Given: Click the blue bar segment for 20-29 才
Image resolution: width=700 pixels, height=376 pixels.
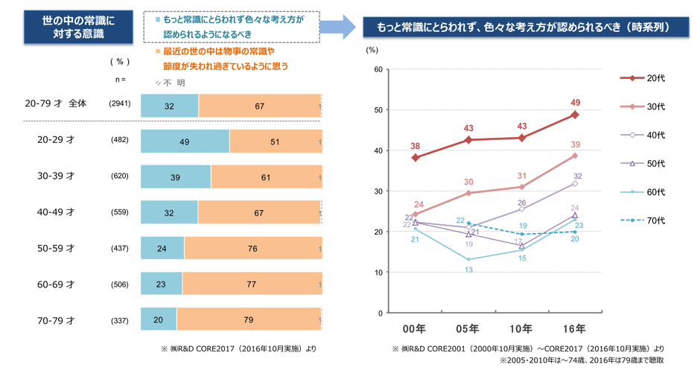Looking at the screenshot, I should (185, 141).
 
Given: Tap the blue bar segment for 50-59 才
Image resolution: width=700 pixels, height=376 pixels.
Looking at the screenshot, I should (162, 248).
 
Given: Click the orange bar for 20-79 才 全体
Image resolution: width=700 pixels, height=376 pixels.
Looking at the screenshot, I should (259, 106).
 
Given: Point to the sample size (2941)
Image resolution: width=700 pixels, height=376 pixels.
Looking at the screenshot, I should (119, 104).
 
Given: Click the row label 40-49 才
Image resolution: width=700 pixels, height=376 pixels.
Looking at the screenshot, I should (56, 212).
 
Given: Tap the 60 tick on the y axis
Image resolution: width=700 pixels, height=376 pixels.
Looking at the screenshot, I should (378, 70).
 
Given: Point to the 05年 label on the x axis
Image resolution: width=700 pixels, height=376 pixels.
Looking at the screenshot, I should (468, 328).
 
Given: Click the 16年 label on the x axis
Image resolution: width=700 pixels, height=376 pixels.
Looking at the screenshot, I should (575, 328).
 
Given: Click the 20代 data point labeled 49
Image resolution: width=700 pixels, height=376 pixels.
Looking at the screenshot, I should (575, 115).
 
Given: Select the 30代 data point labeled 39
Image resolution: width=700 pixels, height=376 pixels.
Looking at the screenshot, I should (575, 156).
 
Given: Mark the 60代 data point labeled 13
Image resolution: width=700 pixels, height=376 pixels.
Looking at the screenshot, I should (468, 260).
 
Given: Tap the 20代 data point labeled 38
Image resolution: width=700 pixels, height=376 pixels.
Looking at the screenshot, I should (416, 158).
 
